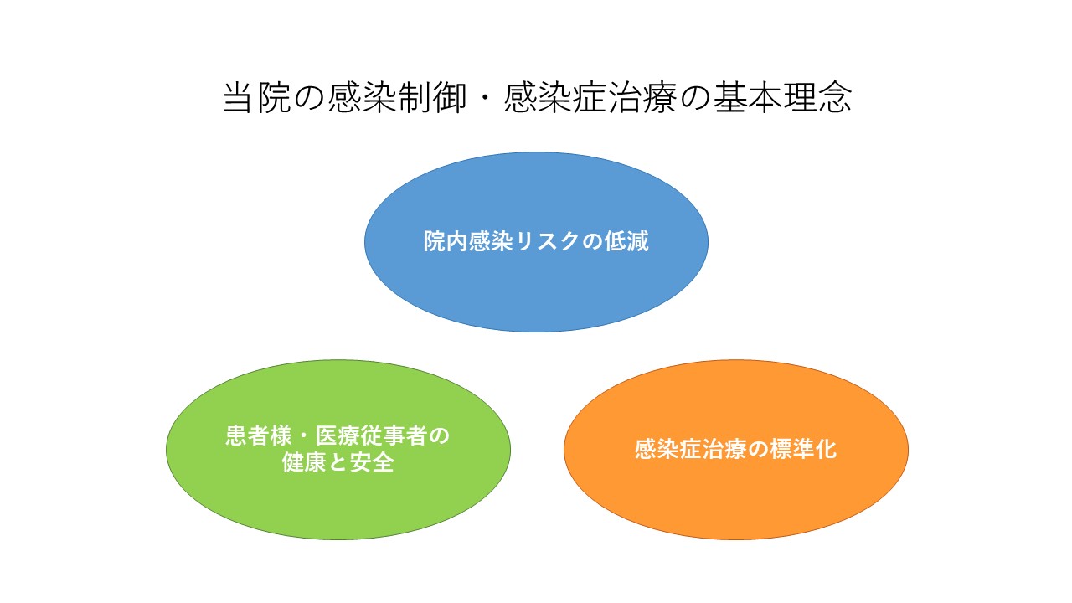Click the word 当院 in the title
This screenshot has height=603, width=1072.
click(257, 98)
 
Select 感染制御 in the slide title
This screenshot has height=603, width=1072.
click(397, 98)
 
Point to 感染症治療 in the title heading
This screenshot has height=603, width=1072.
click(590, 98)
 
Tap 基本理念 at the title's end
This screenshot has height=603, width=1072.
click(782, 98)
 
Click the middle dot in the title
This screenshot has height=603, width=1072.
click(485, 98)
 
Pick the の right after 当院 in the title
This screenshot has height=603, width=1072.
click(310, 98)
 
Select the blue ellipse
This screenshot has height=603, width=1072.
click(536, 242)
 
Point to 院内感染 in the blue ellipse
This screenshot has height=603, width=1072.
click(468, 241)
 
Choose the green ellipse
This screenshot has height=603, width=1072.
click(338, 450)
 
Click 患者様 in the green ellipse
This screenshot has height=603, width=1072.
click(259, 436)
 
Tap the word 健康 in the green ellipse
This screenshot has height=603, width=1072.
click(304, 463)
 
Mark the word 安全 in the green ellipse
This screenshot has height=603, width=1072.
click(372, 463)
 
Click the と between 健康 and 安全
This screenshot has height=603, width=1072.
click(338, 463)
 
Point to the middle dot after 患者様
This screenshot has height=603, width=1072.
click(303, 436)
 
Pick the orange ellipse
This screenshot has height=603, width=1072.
click(736, 450)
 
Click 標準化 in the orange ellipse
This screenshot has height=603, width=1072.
click(803, 450)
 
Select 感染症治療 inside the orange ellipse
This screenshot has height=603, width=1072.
click(691, 450)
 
